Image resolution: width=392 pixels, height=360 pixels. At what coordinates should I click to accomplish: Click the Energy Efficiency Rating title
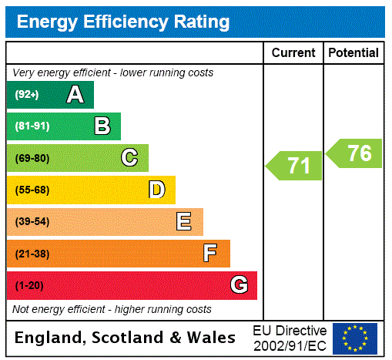(x=123, y=22)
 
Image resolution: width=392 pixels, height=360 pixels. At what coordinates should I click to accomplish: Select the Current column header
(x=293, y=53)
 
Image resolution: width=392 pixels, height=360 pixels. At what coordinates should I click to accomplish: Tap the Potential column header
(x=353, y=53)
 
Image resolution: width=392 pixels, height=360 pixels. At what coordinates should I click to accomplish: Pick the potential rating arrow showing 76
(x=354, y=153)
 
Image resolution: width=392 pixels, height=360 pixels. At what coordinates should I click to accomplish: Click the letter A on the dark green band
(x=75, y=95)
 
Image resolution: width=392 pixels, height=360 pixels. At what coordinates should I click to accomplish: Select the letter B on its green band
(x=102, y=126)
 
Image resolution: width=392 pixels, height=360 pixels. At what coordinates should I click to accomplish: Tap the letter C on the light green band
(x=129, y=158)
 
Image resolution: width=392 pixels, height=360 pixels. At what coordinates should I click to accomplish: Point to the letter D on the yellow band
(x=156, y=190)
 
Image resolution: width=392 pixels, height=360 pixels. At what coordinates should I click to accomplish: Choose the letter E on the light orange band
(x=183, y=222)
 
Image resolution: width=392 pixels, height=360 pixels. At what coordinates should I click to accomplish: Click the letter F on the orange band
(x=210, y=253)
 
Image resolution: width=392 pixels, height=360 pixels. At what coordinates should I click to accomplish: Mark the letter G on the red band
(x=239, y=285)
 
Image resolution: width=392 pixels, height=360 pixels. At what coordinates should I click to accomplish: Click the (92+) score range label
(x=27, y=95)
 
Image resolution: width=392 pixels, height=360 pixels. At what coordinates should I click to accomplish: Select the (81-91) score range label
(x=32, y=126)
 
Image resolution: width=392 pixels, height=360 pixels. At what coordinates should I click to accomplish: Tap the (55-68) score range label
(x=32, y=190)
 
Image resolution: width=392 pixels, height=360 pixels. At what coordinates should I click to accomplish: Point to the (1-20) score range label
(x=29, y=285)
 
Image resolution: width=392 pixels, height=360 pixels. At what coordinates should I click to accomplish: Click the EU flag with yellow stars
(x=355, y=338)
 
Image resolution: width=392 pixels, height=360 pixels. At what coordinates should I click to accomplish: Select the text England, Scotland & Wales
(x=126, y=338)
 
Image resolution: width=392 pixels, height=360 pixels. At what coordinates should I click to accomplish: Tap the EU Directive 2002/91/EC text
(x=290, y=338)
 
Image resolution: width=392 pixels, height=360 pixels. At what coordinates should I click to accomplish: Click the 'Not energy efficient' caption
(x=112, y=309)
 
